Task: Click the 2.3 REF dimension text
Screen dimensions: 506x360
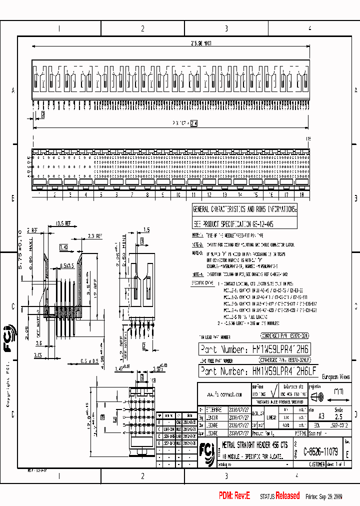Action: click(x=94, y=235)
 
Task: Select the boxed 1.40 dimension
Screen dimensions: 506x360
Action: click(x=63, y=247)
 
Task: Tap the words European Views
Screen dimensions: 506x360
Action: click(x=336, y=377)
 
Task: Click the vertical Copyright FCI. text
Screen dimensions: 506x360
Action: click(x=8, y=382)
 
